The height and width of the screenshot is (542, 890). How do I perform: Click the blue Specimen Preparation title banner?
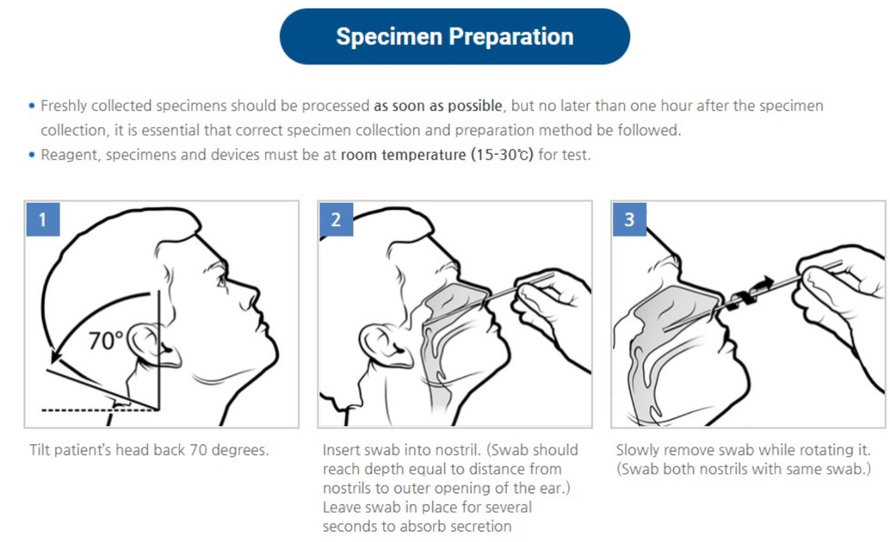click(455, 37)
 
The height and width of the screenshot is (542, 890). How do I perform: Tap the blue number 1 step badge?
click(43, 219)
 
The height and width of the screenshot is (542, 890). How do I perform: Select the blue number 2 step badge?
click(336, 219)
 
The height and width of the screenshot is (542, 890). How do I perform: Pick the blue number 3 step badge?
click(629, 219)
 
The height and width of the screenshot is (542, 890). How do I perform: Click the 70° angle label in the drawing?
click(106, 341)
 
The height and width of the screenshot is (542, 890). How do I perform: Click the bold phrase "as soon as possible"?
click(438, 106)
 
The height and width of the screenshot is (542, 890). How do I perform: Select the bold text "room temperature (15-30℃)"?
click(437, 154)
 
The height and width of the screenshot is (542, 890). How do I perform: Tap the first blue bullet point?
click(32, 106)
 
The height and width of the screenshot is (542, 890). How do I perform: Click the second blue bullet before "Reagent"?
click(32, 154)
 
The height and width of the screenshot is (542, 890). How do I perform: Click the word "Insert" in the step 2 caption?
click(341, 449)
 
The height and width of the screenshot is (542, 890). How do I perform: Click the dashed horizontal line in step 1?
click(100, 410)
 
